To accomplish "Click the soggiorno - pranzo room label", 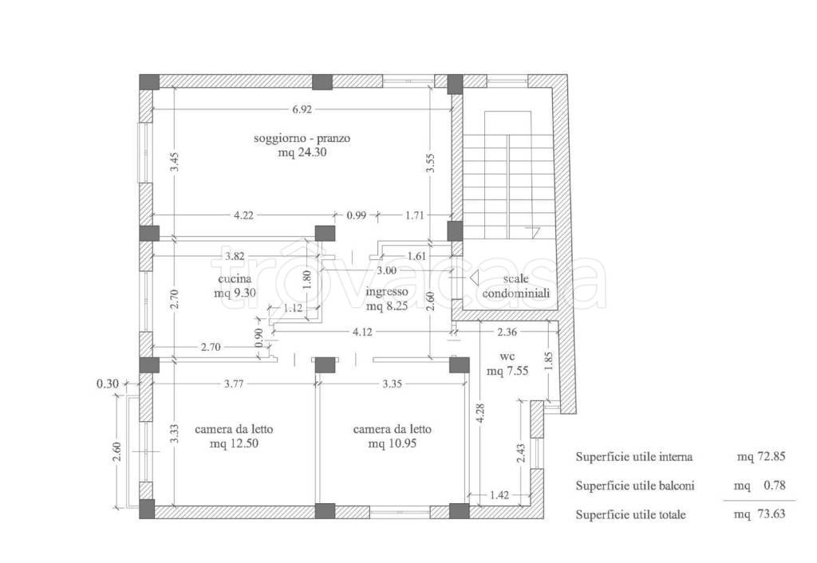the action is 302,139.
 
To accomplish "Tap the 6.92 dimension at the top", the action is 302,109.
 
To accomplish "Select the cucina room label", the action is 235,278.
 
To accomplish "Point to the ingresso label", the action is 387,292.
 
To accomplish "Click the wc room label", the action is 507,356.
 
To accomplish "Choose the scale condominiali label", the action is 516,286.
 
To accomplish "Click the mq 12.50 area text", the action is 234,443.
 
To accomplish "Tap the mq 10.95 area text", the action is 392,443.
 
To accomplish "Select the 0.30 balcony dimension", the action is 108,384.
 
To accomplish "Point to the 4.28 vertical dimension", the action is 480,413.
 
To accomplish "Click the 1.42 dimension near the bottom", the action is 499,494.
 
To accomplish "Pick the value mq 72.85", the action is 760,457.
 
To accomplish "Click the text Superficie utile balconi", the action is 634,486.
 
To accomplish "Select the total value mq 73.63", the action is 760,514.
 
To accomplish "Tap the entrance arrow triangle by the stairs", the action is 474,278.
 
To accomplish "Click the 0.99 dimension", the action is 357,215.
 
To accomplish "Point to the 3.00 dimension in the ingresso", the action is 386,270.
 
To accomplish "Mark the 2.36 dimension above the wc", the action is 507,332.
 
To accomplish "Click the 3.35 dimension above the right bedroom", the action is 392,384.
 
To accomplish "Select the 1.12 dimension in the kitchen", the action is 293,308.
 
